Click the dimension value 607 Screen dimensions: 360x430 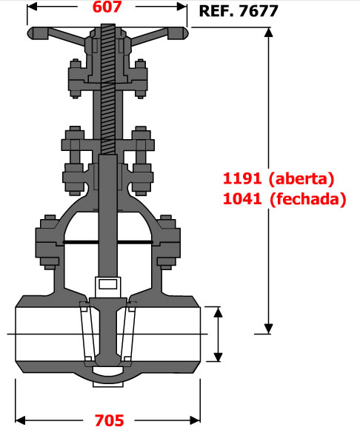click(x=107, y=7)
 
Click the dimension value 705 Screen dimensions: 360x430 click(x=109, y=420)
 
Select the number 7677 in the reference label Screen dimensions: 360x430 click(x=259, y=11)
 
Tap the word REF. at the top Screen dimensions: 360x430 click(x=217, y=11)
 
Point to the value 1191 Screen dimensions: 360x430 click(x=242, y=178)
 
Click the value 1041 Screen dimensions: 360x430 click(x=242, y=199)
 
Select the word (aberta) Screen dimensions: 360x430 click(x=301, y=179)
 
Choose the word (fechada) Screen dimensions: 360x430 click(x=308, y=199)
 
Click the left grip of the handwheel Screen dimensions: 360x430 click(x=38, y=33)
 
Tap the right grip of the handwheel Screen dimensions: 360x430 click(x=178, y=33)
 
